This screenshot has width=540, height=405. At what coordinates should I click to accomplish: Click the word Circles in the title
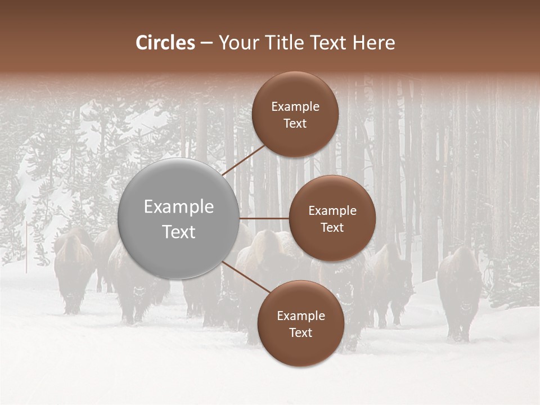[x=165, y=43]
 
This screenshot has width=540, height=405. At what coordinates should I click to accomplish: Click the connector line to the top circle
[x=245, y=160]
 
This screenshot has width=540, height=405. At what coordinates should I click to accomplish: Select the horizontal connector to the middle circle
[x=264, y=218]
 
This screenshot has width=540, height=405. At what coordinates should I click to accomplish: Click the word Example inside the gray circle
[x=179, y=207]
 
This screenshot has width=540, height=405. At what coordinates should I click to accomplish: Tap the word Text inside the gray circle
[x=179, y=232]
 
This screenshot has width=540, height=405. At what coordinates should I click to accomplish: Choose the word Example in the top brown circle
[x=295, y=107]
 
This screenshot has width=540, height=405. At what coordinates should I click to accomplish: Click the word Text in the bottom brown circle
[x=300, y=332]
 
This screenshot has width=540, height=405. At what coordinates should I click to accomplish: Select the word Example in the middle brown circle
[x=332, y=211]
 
